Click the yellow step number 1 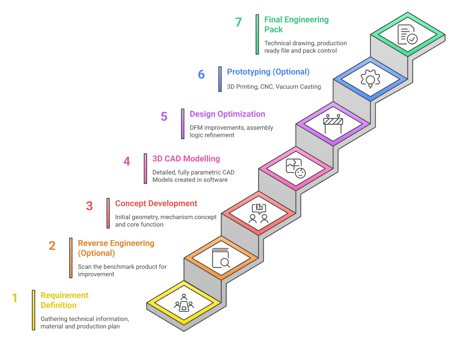coord(15,298)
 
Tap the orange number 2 coord(52,246)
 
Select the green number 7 coord(238,22)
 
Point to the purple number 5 coord(164,117)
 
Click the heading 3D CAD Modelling coord(186,159)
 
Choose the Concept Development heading coord(156,203)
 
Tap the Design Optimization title coord(227,114)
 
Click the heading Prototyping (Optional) coord(269,72)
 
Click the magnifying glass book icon coord(221,258)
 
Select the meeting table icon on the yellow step coord(184,303)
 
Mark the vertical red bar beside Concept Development coord(108,213)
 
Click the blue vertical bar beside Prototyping coord(220,79)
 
